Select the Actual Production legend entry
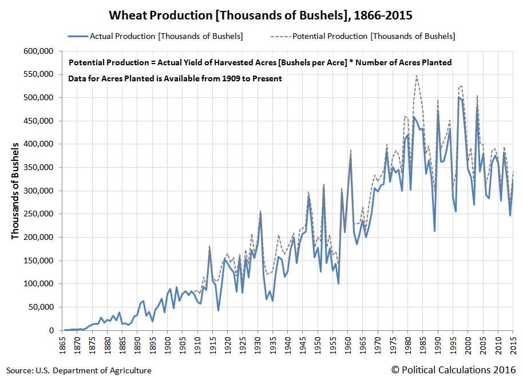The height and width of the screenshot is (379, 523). [166, 36]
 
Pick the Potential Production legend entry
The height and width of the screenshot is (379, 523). [373, 36]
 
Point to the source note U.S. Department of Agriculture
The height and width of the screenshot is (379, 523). [79, 370]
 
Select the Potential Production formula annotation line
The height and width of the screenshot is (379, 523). [260, 62]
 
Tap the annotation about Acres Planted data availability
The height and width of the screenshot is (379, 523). [175, 78]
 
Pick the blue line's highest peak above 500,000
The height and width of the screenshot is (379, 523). [459, 97]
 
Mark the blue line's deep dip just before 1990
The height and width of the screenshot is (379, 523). [435, 231]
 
